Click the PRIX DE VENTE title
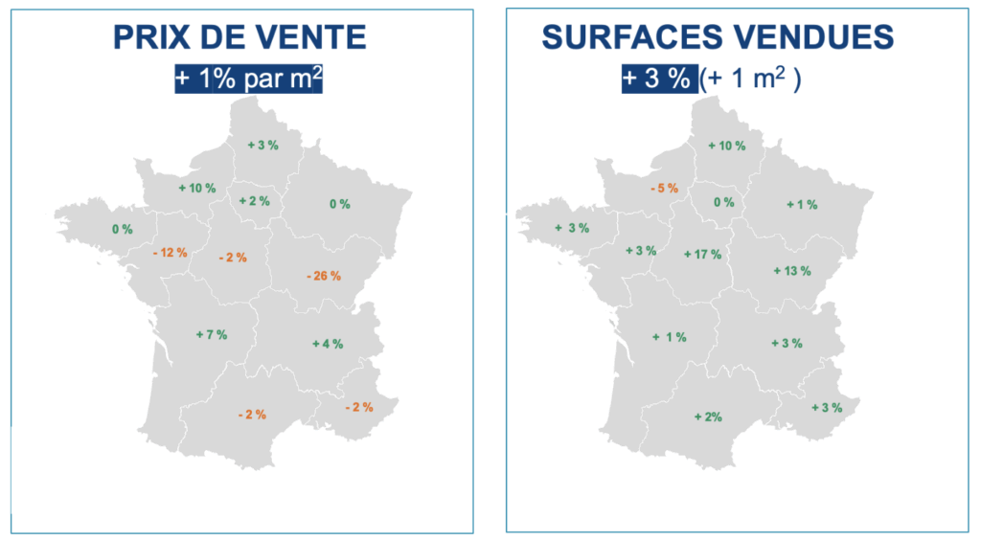point(240,37)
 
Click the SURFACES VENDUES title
point(718,37)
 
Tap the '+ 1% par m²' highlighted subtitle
point(248,79)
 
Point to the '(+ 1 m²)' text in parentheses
point(750,79)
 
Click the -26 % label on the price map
point(324,276)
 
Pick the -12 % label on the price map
point(171,253)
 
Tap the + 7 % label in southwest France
point(211,334)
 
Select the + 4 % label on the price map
point(328,343)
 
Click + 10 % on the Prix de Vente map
point(197,188)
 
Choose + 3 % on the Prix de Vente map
point(262,145)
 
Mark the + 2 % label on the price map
point(254,200)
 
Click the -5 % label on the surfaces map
point(664,188)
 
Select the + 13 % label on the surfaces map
point(791,271)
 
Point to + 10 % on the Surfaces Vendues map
point(725,145)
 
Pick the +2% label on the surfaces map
point(707,417)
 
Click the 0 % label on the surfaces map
point(723,202)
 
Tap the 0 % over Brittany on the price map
point(122,229)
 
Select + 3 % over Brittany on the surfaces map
point(572,228)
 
